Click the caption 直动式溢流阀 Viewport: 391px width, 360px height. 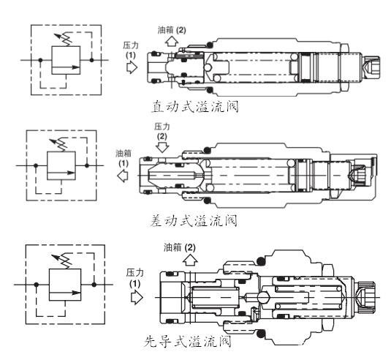click(195, 107)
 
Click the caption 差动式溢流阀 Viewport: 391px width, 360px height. click(194, 221)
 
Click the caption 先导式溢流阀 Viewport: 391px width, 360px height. click(188, 341)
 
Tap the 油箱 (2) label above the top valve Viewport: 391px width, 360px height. click(172, 30)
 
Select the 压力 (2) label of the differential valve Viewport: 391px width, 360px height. click(162, 131)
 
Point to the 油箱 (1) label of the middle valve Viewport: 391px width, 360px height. click(124, 158)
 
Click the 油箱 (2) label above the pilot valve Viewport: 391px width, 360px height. click(179, 247)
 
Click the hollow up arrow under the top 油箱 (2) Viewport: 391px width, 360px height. click(171, 41)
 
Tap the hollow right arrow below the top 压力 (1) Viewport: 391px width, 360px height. click(132, 67)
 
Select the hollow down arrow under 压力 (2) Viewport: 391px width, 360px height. click(162, 147)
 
